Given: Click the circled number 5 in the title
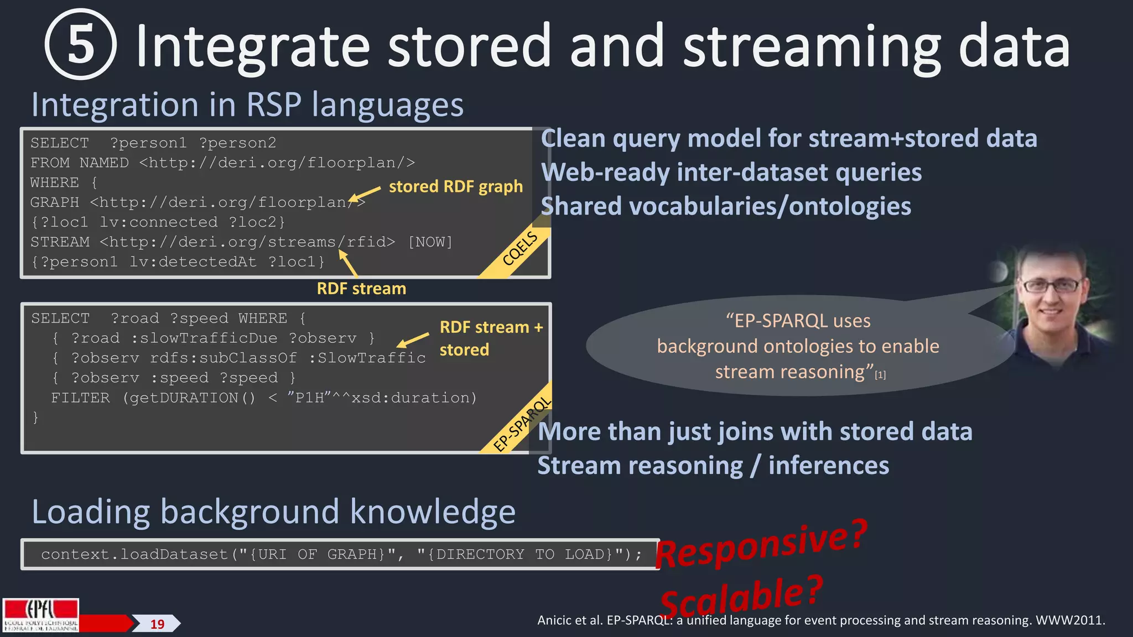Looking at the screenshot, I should pyautogui.click(x=81, y=45).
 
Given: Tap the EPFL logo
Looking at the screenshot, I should pyautogui.click(x=40, y=615).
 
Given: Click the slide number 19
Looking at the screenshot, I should pyautogui.click(x=158, y=624).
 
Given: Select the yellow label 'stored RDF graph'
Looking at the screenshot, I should pyautogui.click(x=455, y=187).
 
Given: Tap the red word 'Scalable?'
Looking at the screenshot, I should pyautogui.click(x=741, y=597).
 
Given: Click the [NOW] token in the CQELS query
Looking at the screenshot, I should pyautogui.click(x=430, y=242).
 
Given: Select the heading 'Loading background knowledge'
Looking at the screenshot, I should pyautogui.click(x=273, y=511).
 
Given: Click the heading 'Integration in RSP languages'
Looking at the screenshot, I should pyautogui.click(x=247, y=105).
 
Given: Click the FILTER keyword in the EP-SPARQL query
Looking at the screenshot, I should pyautogui.click(x=80, y=398).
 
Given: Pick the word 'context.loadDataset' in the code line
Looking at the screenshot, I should pyautogui.click(x=134, y=555).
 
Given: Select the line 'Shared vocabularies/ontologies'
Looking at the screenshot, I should pyautogui.click(x=725, y=206).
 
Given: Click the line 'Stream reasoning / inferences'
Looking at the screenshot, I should pyautogui.click(x=713, y=466).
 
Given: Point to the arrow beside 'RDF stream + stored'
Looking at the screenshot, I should pyautogui.click(x=413, y=340).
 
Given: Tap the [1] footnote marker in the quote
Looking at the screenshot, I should pyautogui.click(x=880, y=375).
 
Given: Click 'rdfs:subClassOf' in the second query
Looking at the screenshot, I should pyautogui.click(x=223, y=358).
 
